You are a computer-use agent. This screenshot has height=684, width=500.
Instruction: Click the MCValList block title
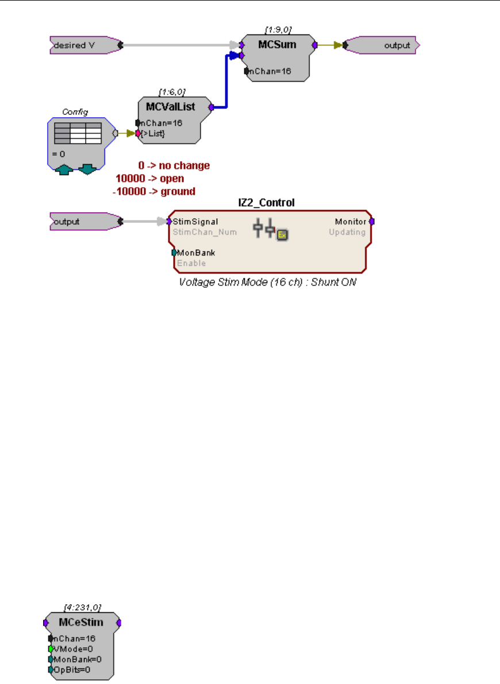click(x=171, y=107)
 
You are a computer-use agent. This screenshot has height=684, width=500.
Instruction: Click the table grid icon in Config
click(x=77, y=133)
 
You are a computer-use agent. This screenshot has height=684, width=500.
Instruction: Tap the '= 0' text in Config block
click(x=58, y=154)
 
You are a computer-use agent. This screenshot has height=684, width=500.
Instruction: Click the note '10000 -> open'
click(x=150, y=179)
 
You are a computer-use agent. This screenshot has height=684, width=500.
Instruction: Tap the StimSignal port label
click(x=195, y=222)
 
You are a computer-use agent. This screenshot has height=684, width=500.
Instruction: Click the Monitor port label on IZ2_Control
click(x=351, y=222)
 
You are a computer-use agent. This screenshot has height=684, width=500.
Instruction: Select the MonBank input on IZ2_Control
click(x=196, y=252)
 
